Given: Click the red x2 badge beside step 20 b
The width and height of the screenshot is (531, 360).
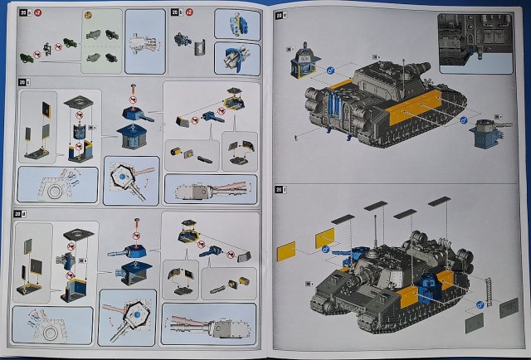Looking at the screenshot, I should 189,13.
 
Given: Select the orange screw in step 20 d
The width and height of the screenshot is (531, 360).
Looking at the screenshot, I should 134,221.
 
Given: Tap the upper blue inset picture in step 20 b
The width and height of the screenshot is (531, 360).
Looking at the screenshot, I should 236,24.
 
